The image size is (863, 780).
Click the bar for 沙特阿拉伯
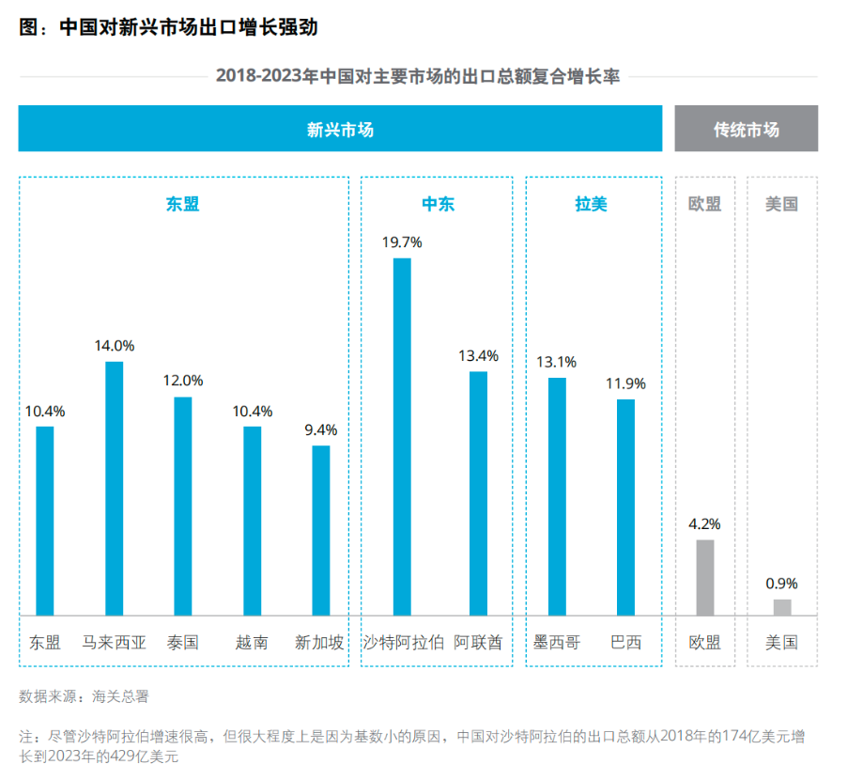point(402,437)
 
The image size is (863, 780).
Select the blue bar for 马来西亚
point(114,489)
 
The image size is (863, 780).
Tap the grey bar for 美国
point(781,607)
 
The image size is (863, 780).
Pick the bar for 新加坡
point(321,530)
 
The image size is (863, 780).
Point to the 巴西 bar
point(625,507)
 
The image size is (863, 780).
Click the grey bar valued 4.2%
point(704,577)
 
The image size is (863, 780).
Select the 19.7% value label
point(402,242)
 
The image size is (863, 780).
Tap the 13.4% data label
point(478,356)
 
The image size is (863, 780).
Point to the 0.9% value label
point(781,584)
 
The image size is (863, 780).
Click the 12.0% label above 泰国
point(182,381)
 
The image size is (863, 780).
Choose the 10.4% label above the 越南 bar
point(252,411)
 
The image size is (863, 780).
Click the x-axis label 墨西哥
point(557,643)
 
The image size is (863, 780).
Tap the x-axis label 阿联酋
point(478,643)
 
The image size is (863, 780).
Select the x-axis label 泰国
point(182,643)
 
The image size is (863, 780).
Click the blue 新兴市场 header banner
point(340,130)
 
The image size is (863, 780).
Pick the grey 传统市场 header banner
point(746,130)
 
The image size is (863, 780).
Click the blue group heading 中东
point(438,204)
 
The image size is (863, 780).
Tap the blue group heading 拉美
point(591,204)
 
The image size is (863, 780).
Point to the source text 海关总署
point(120,696)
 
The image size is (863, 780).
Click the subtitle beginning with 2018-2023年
point(417,76)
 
